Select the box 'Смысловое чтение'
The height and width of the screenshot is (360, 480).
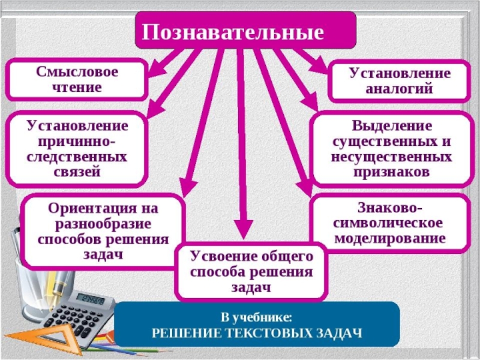click(77, 79)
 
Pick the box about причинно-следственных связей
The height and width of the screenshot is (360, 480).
click(76, 149)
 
